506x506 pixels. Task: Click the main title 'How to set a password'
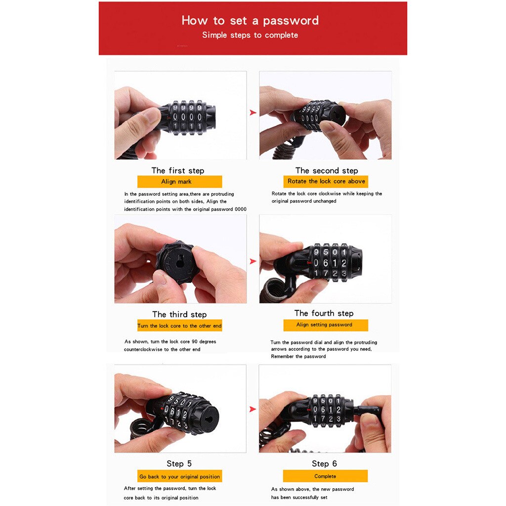[x=250, y=21]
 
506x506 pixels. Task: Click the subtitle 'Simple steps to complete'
[x=250, y=35]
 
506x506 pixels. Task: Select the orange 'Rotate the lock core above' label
[x=326, y=181]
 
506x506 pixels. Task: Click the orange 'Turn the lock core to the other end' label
[x=179, y=326]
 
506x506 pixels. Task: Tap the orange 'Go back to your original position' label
[x=179, y=477]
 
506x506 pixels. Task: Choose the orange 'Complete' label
[x=325, y=476]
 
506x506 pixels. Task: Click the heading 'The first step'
[x=177, y=170]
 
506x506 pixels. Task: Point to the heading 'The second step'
[x=327, y=170]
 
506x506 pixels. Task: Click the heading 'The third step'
[x=179, y=314]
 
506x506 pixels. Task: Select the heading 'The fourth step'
[x=324, y=313]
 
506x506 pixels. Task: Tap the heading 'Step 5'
[x=179, y=464]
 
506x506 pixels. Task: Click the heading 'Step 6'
[x=324, y=464]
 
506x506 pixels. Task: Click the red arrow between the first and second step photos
[x=253, y=113]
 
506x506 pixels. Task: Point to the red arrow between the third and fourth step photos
[x=253, y=261]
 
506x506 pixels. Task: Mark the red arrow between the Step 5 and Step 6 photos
[x=253, y=409]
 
